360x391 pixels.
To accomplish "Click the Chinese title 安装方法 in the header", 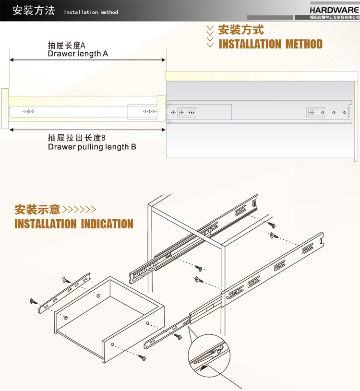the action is pyautogui.click(x=34, y=11).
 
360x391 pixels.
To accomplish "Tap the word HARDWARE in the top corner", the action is pyautogui.click(x=334, y=9).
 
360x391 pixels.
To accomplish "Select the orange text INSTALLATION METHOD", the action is pyautogui.click(x=270, y=45).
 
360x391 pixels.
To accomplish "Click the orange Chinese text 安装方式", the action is pyautogui.click(x=241, y=30).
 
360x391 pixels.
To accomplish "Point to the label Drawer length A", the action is pyautogui.click(x=78, y=54).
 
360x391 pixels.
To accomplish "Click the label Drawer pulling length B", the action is pyautogui.click(x=92, y=147).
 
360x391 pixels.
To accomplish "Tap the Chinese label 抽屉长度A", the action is pyautogui.click(x=66, y=46).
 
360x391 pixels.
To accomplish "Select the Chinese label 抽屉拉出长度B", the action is pyautogui.click(x=76, y=138).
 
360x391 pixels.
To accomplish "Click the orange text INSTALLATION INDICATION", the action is pyautogui.click(x=74, y=224).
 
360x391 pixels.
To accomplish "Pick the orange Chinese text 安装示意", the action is pyautogui.click(x=37, y=210).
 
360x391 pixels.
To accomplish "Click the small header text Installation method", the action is pyautogui.click(x=91, y=12).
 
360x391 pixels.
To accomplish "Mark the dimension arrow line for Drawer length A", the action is pyautogui.click(x=87, y=60).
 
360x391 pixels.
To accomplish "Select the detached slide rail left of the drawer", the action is pyautogui.click(x=64, y=292).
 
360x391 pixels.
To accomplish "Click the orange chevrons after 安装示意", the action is pyautogui.click(x=79, y=210).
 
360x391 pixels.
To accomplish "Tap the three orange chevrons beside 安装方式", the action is pyautogui.click(x=210, y=36).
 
